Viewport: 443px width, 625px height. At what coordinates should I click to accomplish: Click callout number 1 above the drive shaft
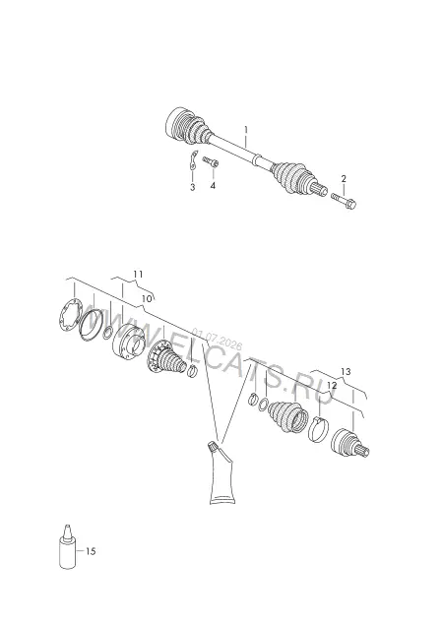click(x=246, y=130)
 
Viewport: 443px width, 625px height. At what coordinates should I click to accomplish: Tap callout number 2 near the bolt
click(x=344, y=179)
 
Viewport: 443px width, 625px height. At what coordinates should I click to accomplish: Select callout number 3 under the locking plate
click(x=193, y=187)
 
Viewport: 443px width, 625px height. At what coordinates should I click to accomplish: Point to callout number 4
click(x=213, y=185)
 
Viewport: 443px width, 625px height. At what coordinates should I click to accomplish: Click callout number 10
click(x=147, y=298)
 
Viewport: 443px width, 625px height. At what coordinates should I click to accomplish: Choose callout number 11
click(x=138, y=275)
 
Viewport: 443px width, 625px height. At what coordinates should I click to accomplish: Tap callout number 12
click(x=332, y=386)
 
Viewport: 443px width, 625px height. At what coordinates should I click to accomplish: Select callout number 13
click(x=346, y=372)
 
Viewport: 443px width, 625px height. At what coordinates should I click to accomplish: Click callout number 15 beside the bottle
click(x=91, y=551)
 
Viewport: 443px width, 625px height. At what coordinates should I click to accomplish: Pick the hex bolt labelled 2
click(x=344, y=201)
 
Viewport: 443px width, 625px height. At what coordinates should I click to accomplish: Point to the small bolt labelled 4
click(x=211, y=161)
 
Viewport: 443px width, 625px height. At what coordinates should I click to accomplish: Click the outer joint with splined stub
click(x=349, y=444)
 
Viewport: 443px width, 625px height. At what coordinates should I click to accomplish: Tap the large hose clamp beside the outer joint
click(x=318, y=429)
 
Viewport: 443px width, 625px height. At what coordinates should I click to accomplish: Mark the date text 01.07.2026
click(x=217, y=339)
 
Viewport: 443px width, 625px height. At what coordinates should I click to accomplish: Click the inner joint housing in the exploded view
click(x=128, y=342)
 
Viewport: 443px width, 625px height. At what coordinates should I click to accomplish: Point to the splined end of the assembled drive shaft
click(x=320, y=188)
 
